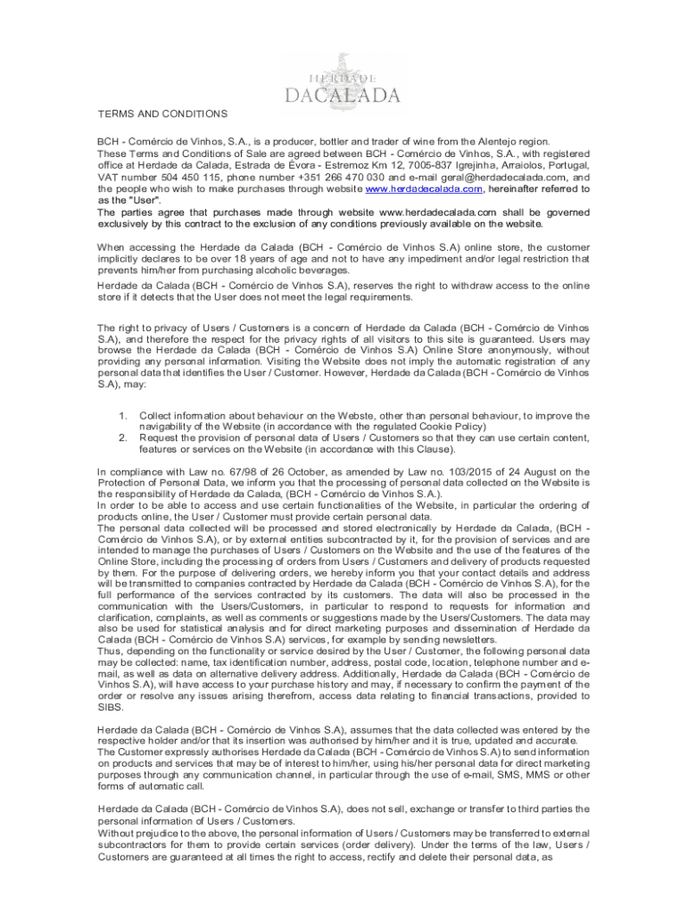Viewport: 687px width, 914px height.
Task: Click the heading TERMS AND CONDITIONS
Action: (162, 113)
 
